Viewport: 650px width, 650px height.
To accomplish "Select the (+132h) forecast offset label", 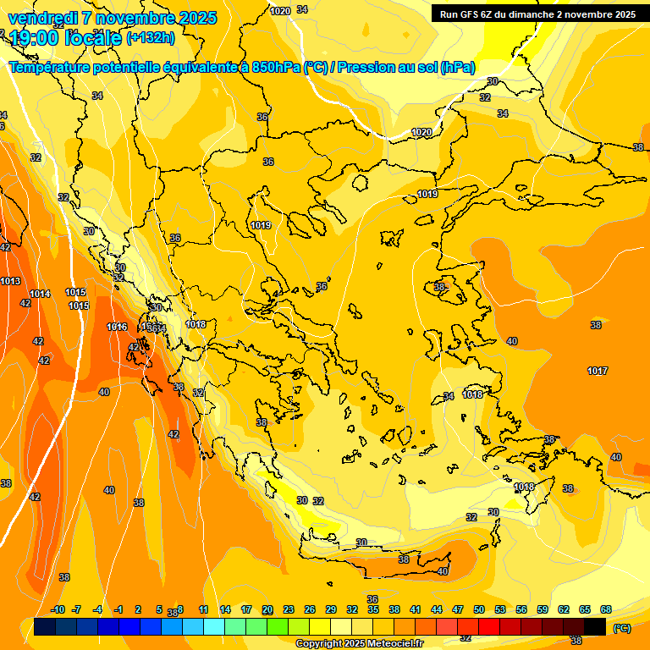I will [151, 37].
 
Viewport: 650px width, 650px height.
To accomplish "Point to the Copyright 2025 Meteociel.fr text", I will [358, 643].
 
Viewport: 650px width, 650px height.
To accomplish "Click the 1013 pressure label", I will [10, 281].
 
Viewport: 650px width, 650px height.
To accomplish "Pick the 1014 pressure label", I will [40, 294].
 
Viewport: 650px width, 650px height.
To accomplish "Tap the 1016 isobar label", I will [117, 327].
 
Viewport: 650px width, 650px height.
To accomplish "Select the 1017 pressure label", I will [598, 371].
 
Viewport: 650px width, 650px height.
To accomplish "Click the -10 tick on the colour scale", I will [58, 609].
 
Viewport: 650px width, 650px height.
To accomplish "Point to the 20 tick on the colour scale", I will [267, 609].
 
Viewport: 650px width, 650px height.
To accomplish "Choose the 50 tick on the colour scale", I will [479, 609].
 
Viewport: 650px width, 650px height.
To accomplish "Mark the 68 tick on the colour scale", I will [606, 609].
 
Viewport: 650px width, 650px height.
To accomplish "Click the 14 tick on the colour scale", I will [225, 609].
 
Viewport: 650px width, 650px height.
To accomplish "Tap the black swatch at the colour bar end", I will [595, 626].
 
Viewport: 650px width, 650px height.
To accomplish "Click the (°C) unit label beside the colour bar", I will [622, 628].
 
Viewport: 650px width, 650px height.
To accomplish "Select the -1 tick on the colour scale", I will [119, 609].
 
